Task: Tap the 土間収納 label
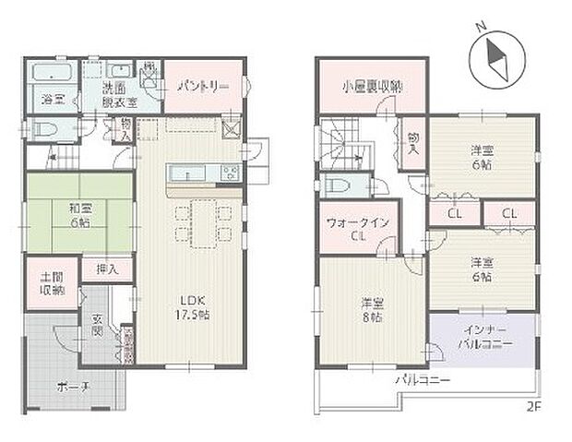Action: click(x=51, y=284)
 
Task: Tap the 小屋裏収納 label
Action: click(x=371, y=88)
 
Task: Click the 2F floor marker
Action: click(x=534, y=406)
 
